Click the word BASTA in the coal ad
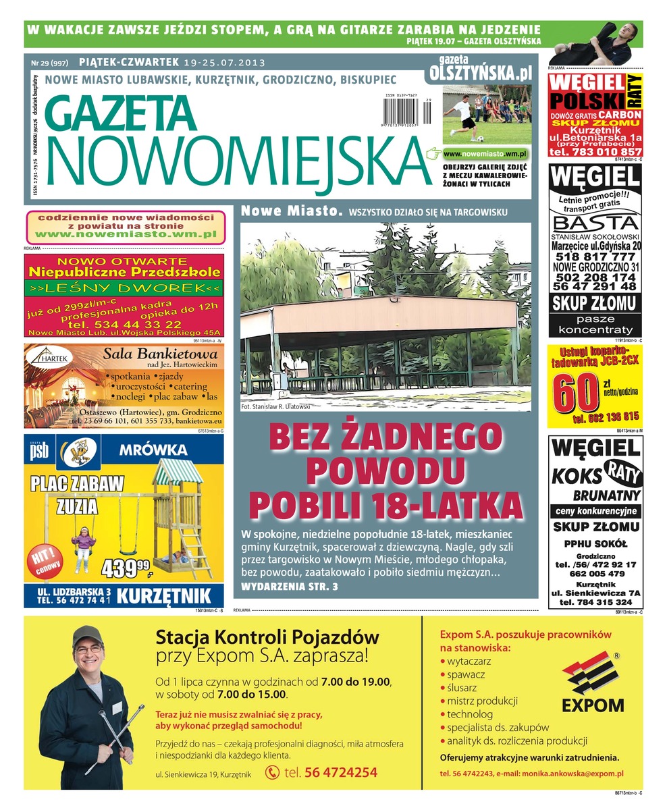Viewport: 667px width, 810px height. pos(594,223)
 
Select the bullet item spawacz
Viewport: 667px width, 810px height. pos(466,674)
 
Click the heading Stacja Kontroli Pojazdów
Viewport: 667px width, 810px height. pos(267,637)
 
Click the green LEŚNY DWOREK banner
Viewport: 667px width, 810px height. pos(124,290)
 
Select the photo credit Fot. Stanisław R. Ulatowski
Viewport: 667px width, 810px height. pos(275,407)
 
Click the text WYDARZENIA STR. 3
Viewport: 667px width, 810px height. pos(290,587)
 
